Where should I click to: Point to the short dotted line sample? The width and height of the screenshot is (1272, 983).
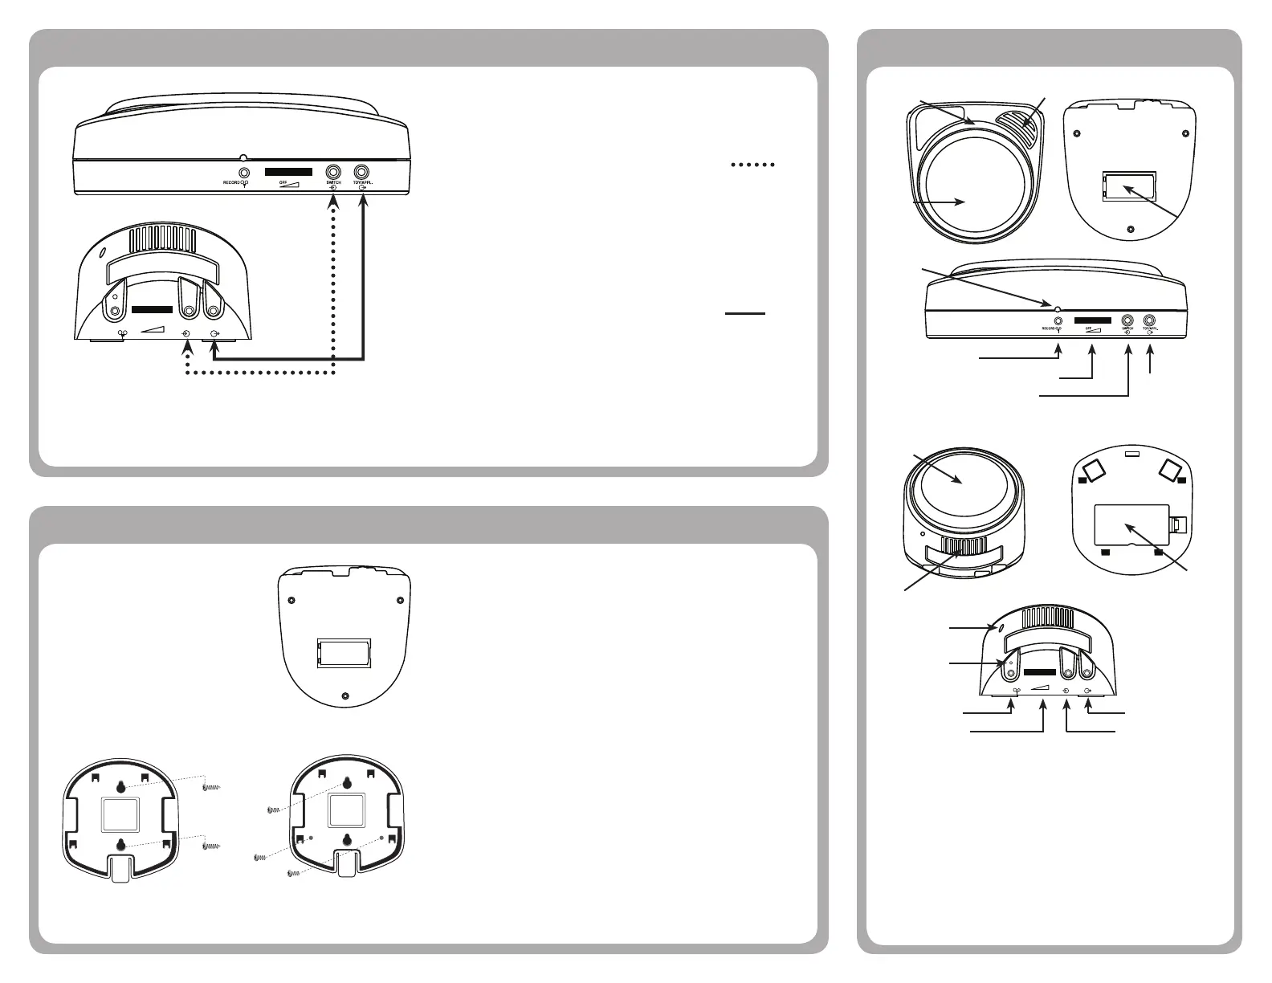pos(752,165)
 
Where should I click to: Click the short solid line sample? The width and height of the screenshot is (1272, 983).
pos(745,314)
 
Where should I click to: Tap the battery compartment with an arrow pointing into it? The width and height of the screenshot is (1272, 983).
pos(1129,188)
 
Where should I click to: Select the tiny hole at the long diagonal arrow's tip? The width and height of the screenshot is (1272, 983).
pos(1058,308)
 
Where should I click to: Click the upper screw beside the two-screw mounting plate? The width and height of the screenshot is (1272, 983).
pos(212,787)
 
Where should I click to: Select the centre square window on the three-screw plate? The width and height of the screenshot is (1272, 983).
pos(347,812)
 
